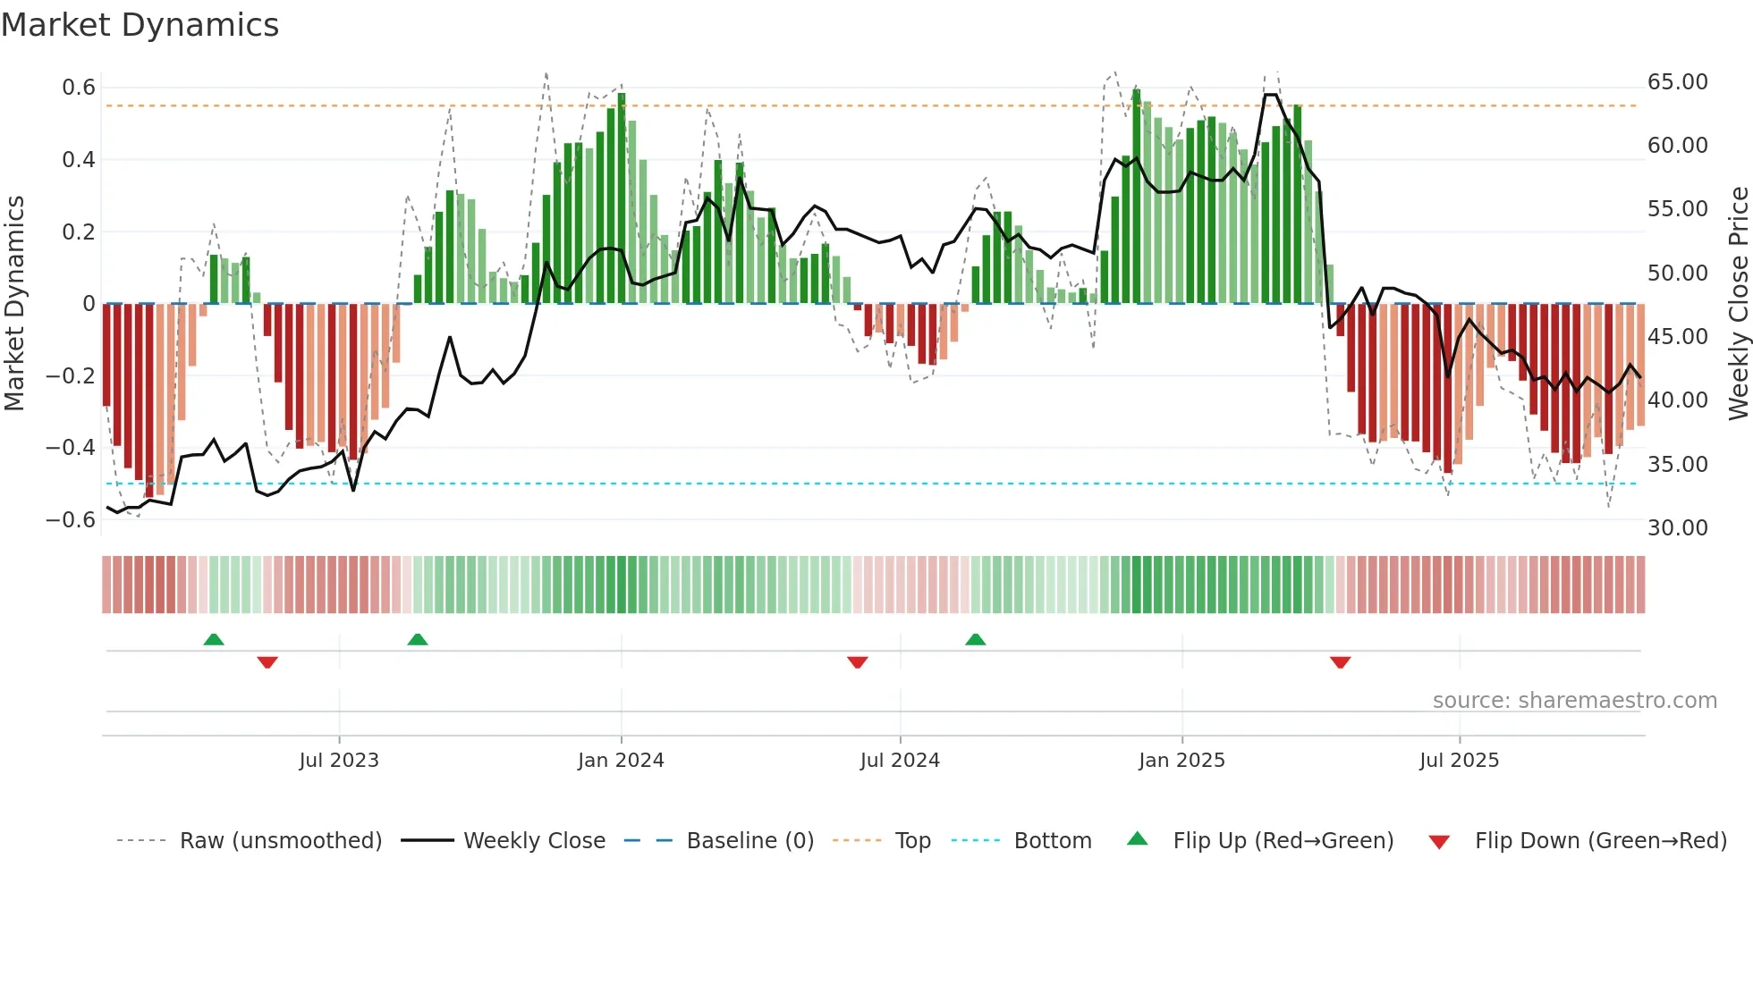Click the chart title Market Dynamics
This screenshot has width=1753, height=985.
(140, 25)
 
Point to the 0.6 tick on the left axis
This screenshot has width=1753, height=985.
(79, 88)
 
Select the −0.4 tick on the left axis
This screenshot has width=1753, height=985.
(71, 447)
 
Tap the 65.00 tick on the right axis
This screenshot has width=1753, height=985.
(1677, 82)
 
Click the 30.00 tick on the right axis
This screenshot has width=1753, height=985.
(1677, 528)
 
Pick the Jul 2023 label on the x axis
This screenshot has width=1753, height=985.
(339, 761)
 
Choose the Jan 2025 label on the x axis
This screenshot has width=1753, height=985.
(1181, 761)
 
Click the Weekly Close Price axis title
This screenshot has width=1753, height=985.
(1738, 304)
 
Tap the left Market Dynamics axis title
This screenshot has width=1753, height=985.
(14, 304)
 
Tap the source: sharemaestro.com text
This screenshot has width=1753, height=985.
(1574, 701)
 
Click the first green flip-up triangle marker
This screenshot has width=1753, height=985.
(214, 639)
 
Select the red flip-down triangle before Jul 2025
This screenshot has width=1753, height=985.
(1340, 662)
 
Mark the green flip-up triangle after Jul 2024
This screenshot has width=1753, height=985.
(976, 639)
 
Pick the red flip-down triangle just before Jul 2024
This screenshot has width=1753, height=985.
(858, 662)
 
